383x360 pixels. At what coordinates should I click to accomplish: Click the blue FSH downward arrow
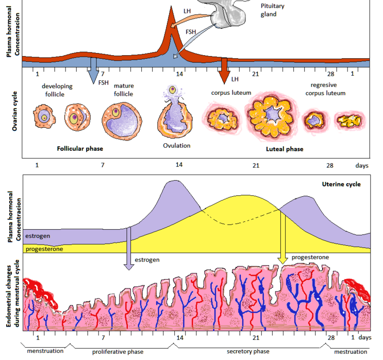click(x=93, y=70)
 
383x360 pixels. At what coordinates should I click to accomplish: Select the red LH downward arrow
click(x=224, y=70)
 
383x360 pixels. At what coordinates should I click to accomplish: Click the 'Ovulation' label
click(x=177, y=146)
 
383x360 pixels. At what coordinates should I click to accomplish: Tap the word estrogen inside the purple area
click(x=38, y=235)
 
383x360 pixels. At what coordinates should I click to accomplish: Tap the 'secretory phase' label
click(x=248, y=351)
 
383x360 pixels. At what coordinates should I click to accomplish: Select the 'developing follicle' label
click(x=57, y=90)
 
